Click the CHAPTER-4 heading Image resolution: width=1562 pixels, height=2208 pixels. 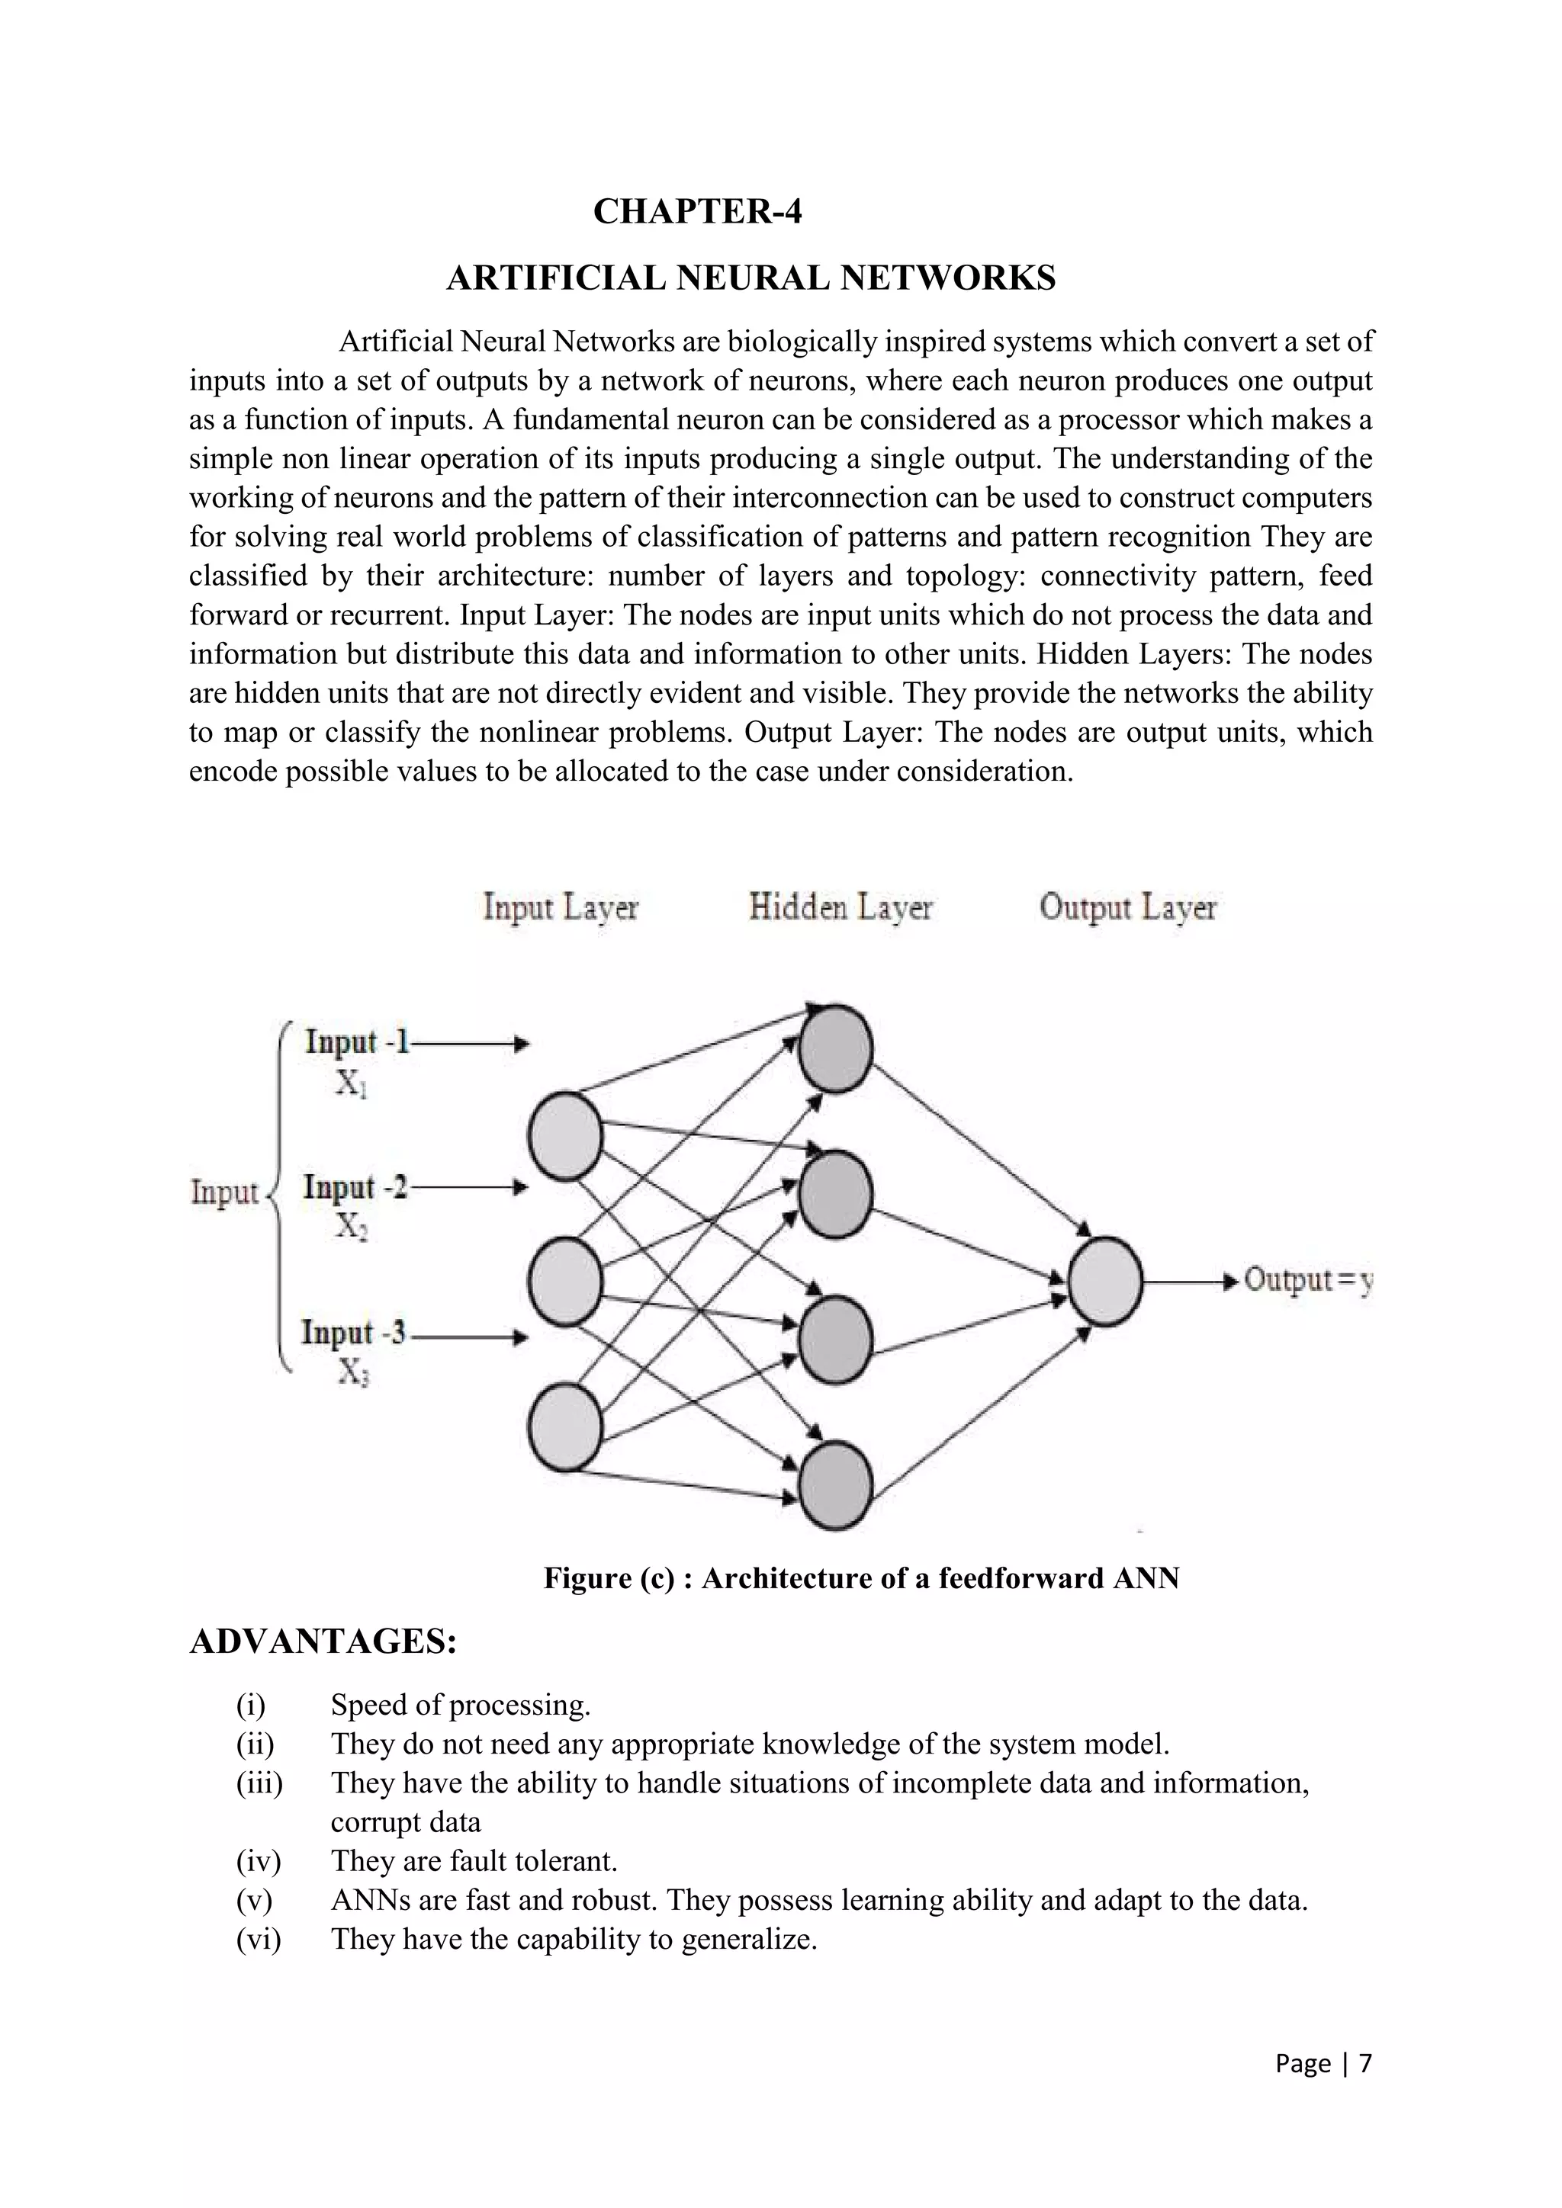point(697,210)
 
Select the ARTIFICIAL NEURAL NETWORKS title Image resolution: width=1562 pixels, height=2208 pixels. point(750,278)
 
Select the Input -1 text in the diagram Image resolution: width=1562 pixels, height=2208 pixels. point(357,1041)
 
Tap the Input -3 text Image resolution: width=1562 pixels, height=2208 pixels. point(353,1333)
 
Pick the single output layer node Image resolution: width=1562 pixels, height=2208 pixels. point(1105,1281)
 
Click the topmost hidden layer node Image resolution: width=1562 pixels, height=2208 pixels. point(835,1048)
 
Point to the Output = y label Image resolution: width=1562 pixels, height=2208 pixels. point(1307,1280)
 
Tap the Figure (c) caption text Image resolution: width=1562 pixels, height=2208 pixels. point(861,1578)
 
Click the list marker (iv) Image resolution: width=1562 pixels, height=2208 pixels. point(258,1861)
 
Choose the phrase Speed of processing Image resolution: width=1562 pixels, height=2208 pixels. point(460,1705)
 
